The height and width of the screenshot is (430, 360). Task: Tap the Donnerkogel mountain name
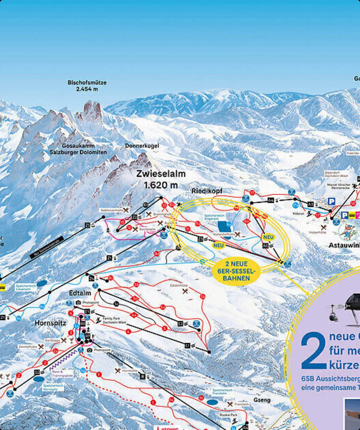(142, 146)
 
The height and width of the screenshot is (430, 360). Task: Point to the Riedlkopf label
(207, 191)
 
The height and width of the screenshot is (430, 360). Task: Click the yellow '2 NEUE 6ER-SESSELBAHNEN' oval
(236, 271)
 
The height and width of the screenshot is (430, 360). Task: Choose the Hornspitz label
(50, 323)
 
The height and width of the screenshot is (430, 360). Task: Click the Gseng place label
(262, 400)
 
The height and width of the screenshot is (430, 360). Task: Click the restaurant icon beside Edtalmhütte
(185, 291)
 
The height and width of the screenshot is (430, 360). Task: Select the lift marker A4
(271, 200)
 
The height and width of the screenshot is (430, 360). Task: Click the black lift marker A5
(310, 204)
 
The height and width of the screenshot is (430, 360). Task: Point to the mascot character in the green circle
(348, 231)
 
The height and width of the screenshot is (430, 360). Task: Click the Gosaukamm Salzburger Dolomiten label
(78, 149)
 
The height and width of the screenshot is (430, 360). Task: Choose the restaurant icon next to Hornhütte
(118, 371)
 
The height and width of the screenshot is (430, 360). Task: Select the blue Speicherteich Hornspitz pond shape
(38, 379)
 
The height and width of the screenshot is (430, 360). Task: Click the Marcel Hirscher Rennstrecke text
(338, 186)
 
